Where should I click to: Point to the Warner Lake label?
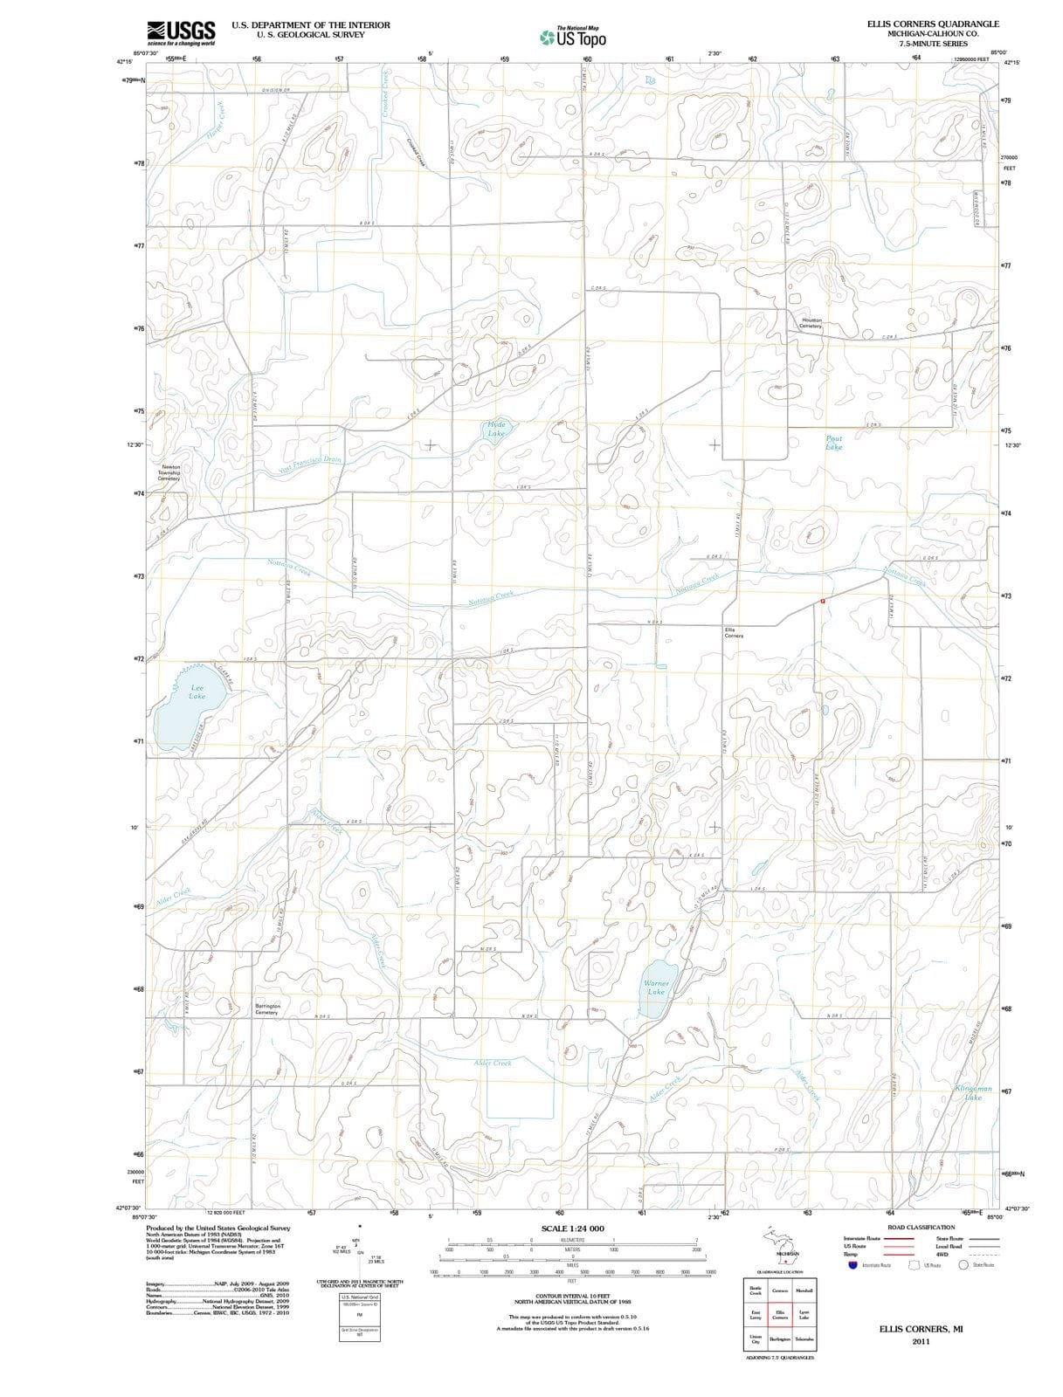click(x=656, y=988)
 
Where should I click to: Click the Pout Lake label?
click(x=834, y=443)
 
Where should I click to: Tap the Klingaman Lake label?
click(x=973, y=1093)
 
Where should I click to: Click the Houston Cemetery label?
click(x=811, y=322)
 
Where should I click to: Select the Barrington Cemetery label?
click(x=267, y=1009)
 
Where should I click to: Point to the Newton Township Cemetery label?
click(x=169, y=472)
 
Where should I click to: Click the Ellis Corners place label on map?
click(x=734, y=632)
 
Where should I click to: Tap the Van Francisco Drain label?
click(x=310, y=465)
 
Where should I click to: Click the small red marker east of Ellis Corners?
click(x=822, y=602)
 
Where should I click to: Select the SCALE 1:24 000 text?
click(x=572, y=1228)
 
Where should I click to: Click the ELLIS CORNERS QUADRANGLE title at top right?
click(x=933, y=24)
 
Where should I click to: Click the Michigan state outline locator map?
click(x=779, y=1247)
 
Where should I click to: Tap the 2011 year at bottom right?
click(x=921, y=1341)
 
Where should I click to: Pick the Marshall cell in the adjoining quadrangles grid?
click(x=804, y=1290)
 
